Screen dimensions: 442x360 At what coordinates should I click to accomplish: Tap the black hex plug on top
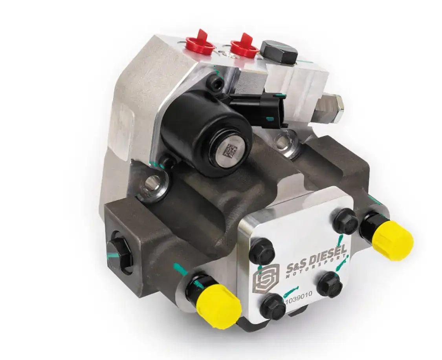tap(279, 52)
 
